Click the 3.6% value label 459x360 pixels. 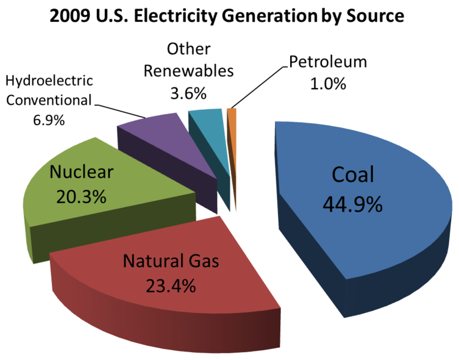[x=188, y=94]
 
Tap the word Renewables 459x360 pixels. [x=188, y=71]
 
